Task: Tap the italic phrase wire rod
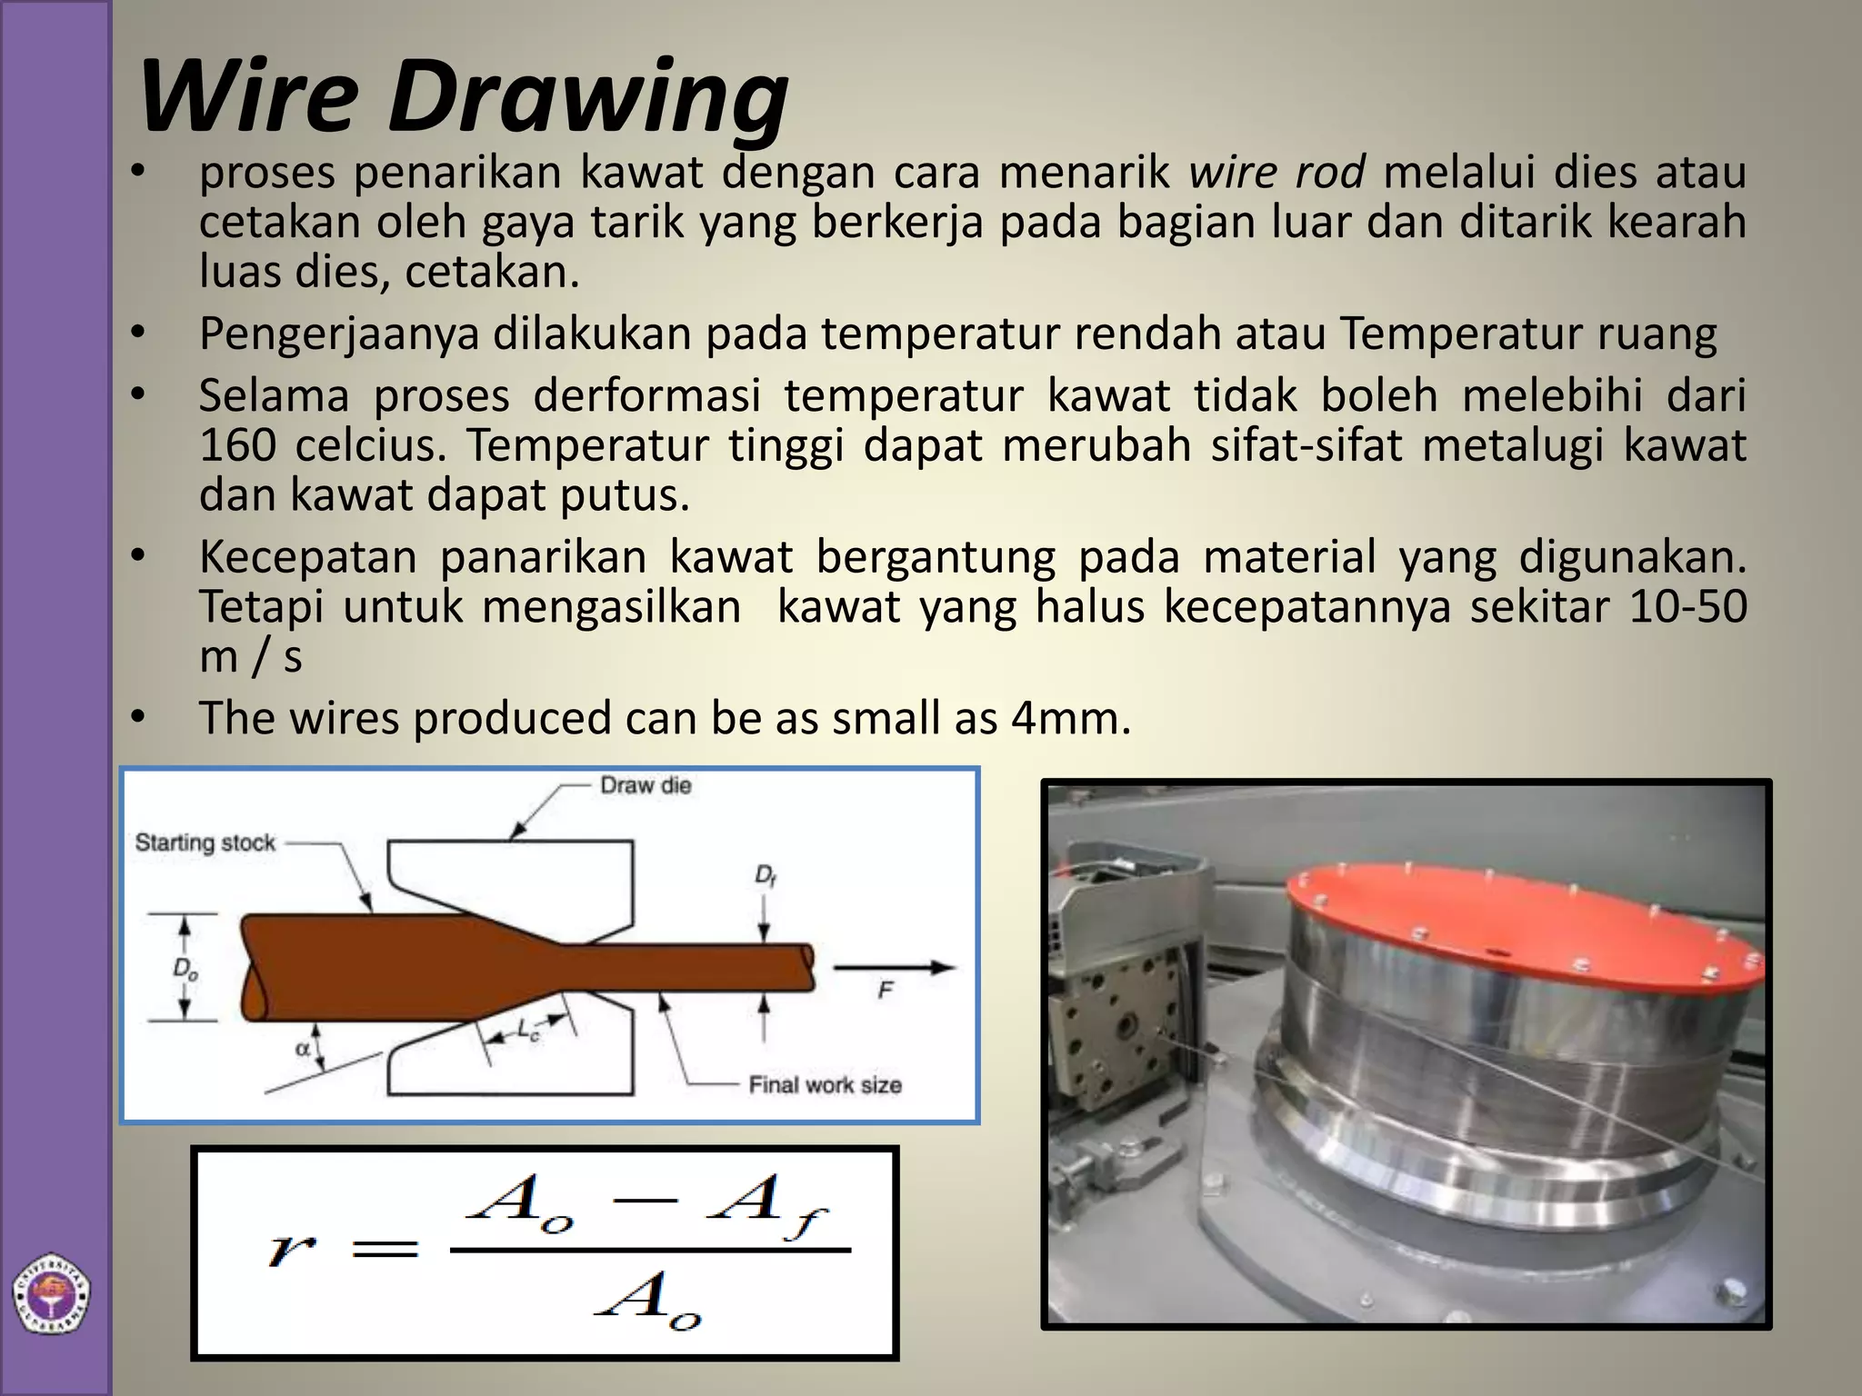[x=1276, y=172]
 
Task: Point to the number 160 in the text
[x=237, y=445]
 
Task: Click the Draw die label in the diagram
[x=646, y=785]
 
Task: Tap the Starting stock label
[x=205, y=843]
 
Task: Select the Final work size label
[x=825, y=1084]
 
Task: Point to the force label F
[x=886, y=991]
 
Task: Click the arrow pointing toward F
[x=895, y=968]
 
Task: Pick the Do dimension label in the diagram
[x=185, y=970]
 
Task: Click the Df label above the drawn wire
[x=765, y=875]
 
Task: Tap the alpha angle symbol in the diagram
[x=303, y=1049]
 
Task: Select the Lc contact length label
[x=528, y=1030]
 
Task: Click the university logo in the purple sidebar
[x=51, y=1296]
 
